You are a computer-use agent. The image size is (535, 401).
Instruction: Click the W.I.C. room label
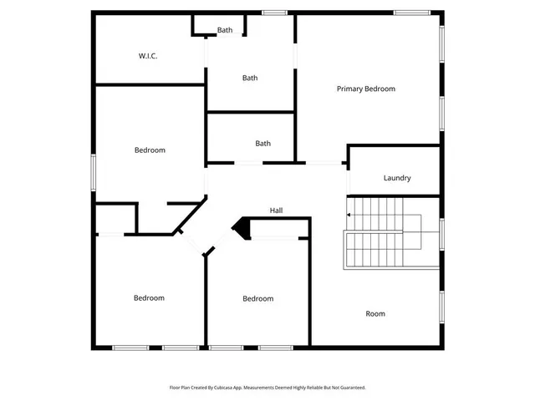click(148, 56)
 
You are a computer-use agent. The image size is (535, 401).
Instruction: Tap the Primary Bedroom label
click(365, 89)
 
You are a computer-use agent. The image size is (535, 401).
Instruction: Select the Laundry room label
click(396, 178)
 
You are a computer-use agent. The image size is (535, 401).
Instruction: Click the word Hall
click(277, 211)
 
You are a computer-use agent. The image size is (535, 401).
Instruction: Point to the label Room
click(375, 314)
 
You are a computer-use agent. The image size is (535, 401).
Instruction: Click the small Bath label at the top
click(225, 30)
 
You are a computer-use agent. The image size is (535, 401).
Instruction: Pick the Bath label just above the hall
click(262, 144)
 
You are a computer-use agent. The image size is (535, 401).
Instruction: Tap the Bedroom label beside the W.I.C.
click(150, 150)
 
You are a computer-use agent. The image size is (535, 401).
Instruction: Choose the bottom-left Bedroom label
click(149, 298)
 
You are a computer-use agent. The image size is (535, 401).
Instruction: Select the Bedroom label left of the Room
click(257, 299)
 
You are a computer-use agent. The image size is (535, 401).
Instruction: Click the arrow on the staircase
click(349, 216)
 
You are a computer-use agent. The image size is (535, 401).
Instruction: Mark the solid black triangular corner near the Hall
click(242, 226)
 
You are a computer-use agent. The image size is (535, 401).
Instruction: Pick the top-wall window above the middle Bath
click(274, 12)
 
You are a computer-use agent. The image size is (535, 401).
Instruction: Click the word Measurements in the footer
click(257, 388)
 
